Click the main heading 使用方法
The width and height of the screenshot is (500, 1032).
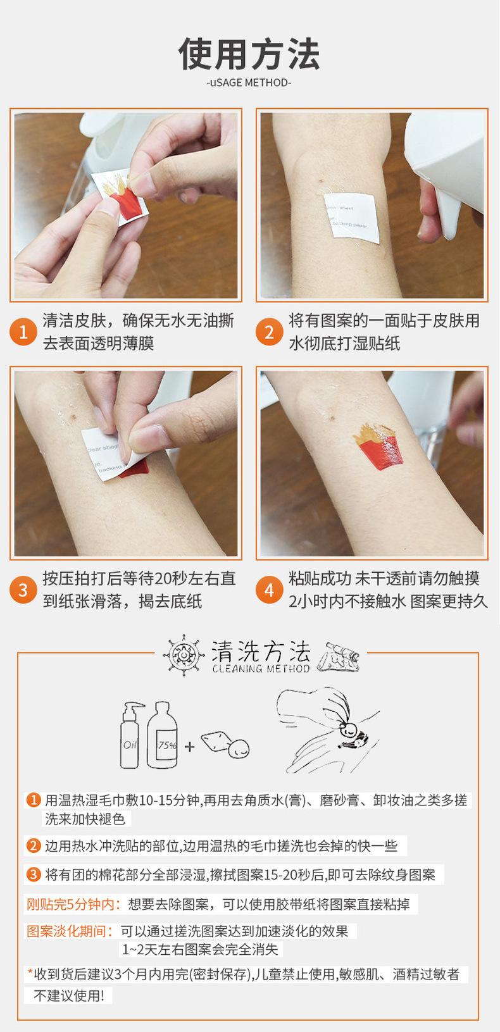click(249, 54)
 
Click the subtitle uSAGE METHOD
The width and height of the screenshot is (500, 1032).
click(249, 82)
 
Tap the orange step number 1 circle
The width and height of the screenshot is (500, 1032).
click(23, 332)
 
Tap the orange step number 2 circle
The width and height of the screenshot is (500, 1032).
click(269, 332)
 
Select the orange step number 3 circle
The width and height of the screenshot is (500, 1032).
click(23, 590)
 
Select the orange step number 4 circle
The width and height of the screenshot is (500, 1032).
click(269, 590)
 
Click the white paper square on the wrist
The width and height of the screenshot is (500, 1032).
click(352, 218)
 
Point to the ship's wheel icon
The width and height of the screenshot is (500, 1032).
click(184, 655)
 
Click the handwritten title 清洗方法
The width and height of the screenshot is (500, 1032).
click(261, 652)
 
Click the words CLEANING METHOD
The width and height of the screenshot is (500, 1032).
click(261, 669)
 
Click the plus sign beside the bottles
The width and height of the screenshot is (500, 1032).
click(189, 746)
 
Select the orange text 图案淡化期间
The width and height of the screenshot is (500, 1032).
click(70, 931)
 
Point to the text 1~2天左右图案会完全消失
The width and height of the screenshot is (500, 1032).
click(201, 949)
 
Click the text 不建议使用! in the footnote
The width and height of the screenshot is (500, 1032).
click(69, 995)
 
